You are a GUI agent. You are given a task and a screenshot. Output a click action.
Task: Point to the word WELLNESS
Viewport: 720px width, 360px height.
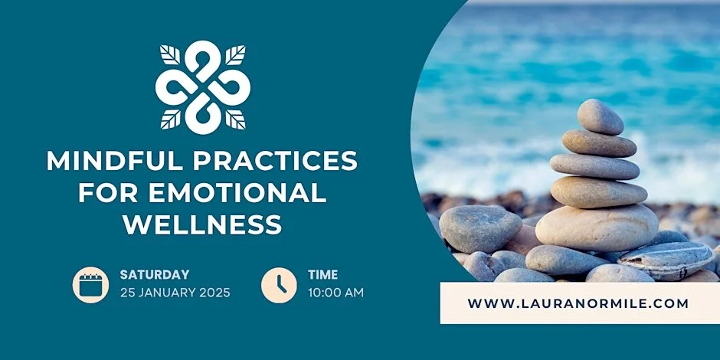(x=202, y=225)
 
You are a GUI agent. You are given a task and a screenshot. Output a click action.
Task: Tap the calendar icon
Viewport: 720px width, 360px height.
(x=91, y=283)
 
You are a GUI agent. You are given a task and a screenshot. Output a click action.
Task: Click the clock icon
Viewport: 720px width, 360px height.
(x=279, y=283)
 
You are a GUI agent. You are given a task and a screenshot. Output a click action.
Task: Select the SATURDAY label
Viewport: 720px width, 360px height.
(x=154, y=274)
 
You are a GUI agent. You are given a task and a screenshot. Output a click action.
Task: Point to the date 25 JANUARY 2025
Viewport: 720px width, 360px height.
(x=175, y=292)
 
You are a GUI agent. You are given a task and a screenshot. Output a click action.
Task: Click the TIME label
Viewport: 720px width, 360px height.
(x=322, y=274)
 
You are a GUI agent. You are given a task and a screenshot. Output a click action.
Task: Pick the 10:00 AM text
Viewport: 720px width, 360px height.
(x=335, y=292)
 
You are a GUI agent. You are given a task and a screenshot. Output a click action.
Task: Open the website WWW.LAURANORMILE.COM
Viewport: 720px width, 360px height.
(x=578, y=303)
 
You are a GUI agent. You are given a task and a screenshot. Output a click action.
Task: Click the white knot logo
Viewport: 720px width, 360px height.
(x=203, y=86)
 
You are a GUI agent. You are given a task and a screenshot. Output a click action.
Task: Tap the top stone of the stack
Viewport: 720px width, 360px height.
(x=600, y=116)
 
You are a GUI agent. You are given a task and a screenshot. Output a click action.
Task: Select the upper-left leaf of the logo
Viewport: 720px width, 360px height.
(x=170, y=54)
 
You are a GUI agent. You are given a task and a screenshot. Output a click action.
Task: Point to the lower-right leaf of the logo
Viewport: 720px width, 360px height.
(x=236, y=119)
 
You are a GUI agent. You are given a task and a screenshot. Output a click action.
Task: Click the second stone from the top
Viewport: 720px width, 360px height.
(x=598, y=142)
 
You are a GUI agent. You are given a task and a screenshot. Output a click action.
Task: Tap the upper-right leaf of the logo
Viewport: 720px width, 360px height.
(x=236, y=54)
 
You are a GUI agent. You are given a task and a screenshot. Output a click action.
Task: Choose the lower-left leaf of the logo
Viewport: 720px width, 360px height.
(x=170, y=119)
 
